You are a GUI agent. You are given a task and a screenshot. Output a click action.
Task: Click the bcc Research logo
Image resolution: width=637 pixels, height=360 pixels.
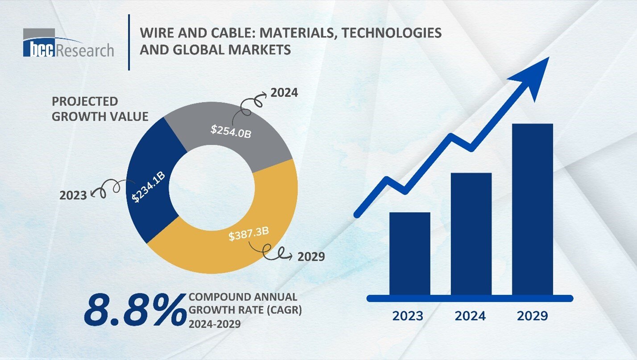coord(68,44)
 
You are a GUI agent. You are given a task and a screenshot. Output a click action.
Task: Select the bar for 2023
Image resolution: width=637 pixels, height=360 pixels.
coord(409,253)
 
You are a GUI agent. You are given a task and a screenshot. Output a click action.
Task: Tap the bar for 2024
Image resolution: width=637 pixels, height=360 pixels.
coord(471,234)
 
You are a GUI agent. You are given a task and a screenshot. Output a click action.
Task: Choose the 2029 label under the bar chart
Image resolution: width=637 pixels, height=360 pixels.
coord(532,316)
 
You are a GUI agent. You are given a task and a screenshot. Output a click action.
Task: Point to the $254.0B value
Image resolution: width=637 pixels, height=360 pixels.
coord(231,131)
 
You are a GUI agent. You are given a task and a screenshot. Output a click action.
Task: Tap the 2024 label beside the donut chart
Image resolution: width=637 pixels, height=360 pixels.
coord(284,93)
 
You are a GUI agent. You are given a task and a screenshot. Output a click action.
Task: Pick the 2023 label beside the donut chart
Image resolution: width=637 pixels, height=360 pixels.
coord(73,195)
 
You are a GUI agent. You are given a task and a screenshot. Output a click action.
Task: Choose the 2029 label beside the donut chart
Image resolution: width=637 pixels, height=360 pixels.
coord(311,257)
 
